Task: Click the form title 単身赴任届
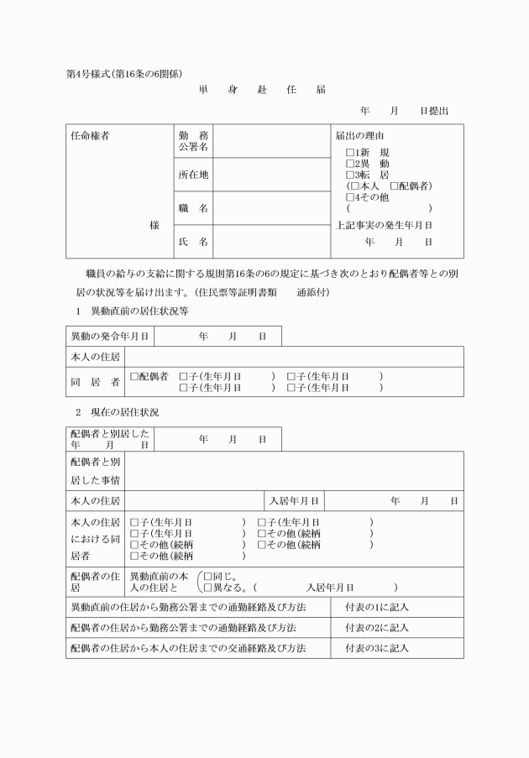(x=262, y=90)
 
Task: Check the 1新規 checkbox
(x=351, y=152)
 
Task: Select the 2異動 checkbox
(x=351, y=164)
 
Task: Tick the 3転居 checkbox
(x=351, y=175)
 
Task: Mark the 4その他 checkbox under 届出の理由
(x=351, y=197)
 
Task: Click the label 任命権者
(x=91, y=136)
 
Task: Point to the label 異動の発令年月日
(x=109, y=336)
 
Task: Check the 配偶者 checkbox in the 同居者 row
(x=134, y=377)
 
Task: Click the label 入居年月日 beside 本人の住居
(x=293, y=501)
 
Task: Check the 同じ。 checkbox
(x=208, y=577)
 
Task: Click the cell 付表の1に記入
(x=376, y=606)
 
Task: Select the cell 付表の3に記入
(x=376, y=648)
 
